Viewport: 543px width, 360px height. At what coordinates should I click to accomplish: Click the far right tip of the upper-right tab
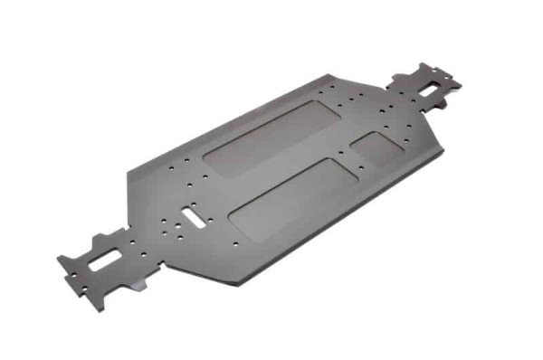(x=461, y=86)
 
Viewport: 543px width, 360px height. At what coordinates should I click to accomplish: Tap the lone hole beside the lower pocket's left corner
(x=234, y=243)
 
